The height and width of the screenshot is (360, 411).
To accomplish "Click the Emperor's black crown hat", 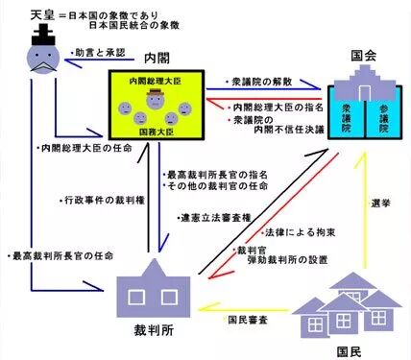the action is click(43, 36).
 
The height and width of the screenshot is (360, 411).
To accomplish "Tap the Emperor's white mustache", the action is click(43, 67).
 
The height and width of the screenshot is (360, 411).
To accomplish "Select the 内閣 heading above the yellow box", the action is click(157, 59).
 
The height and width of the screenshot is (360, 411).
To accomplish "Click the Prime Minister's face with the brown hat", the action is click(156, 99).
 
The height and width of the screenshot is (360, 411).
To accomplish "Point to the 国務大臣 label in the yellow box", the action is click(157, 132).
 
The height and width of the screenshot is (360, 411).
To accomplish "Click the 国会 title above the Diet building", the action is click(364, 56).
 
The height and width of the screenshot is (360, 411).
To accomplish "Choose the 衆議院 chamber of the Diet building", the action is click(347, 118).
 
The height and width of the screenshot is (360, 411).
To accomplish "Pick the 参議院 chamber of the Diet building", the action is click(384, 118).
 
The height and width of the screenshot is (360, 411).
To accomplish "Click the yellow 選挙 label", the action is click(381, 203).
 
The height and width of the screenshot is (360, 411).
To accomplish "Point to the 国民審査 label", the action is click(248, 320).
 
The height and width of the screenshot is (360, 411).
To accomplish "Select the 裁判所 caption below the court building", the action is click(154, 330).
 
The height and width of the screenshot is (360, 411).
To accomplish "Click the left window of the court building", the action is click(136, 298).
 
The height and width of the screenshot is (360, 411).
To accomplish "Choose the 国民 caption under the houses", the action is click(350, 352).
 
